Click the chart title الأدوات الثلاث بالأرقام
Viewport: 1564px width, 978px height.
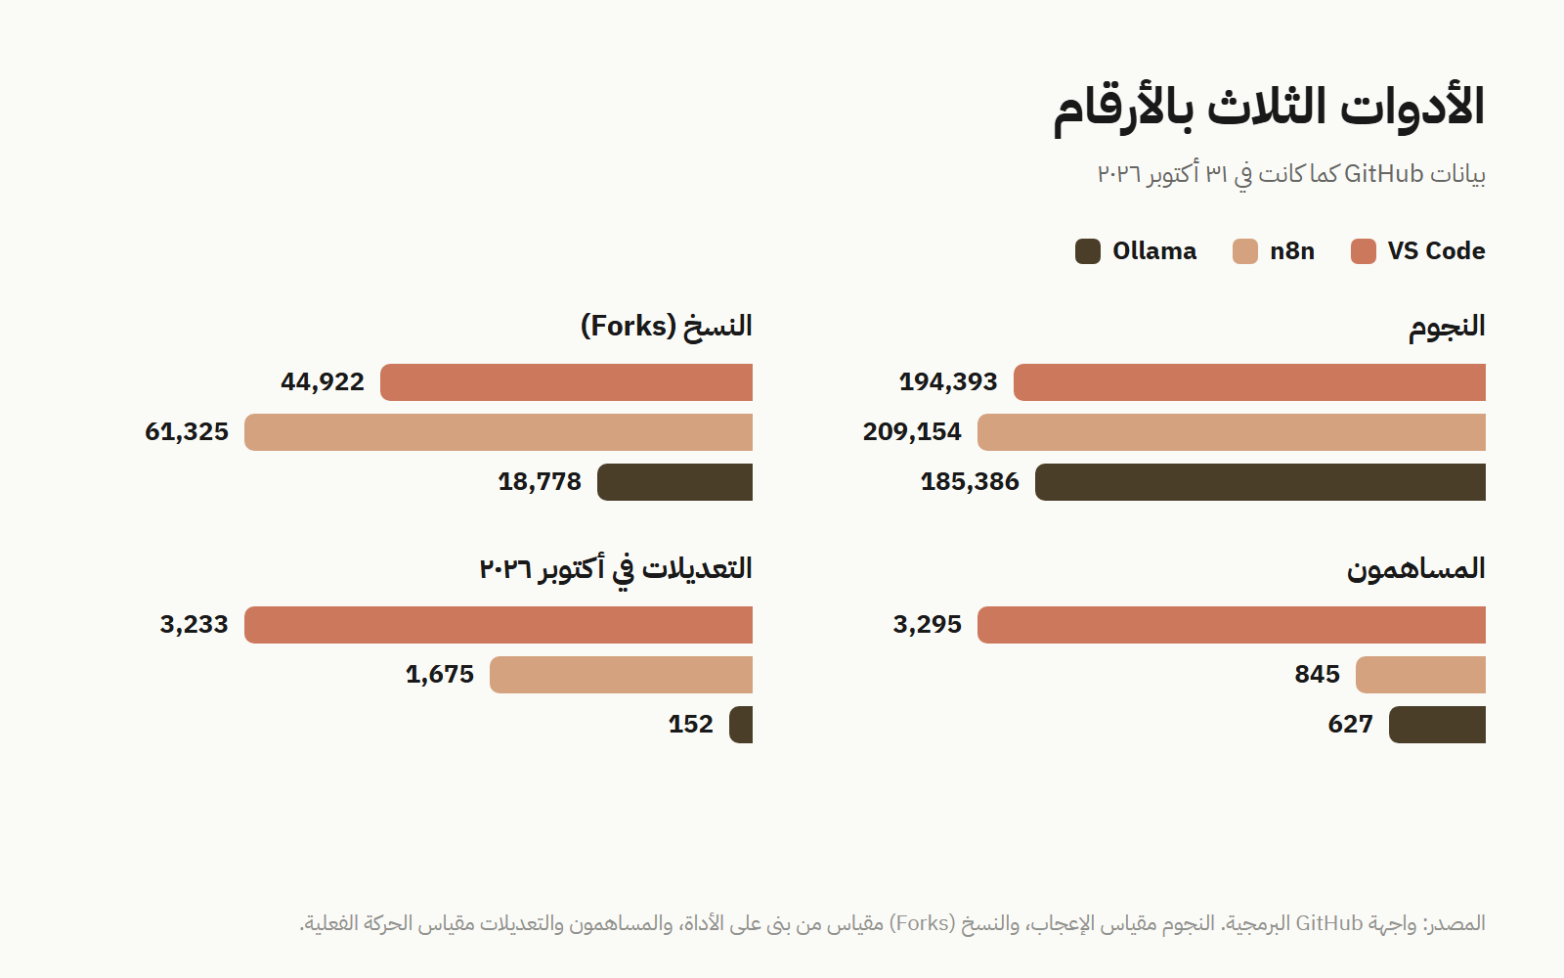(1269, 109)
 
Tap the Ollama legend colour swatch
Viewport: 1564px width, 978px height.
(1088, 251)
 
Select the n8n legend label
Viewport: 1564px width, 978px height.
(1291, 250)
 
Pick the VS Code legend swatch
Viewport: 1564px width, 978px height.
(1363, 251)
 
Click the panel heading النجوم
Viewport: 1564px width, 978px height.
(1447, 327)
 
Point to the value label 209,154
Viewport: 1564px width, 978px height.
(912, 431)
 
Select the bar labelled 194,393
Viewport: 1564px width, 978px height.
(1250, 382)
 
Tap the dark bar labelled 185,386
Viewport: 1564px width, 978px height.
(1260, 482)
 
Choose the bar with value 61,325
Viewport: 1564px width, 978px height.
(499, 432)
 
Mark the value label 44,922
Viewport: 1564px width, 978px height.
(323, 382)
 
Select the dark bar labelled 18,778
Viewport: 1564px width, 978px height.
(675, 482)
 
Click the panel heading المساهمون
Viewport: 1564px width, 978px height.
(1416, 568)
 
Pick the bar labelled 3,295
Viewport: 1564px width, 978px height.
(1232, 625)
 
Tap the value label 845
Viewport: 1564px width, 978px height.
(1318, 674)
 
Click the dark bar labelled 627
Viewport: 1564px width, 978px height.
(1438, 725)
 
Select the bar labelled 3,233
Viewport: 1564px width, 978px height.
(499, 625)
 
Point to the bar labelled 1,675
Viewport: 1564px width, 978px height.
(622, 675)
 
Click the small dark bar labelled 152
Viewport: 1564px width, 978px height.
(741, 725)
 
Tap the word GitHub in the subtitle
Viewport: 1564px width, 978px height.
(1383, 174)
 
